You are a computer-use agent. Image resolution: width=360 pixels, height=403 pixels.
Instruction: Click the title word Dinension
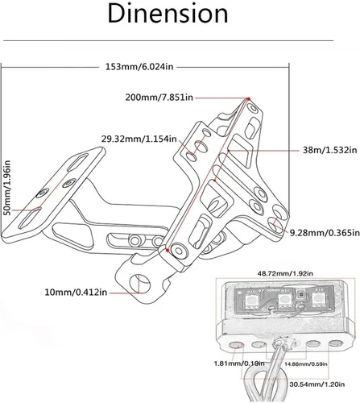tap(168, 14)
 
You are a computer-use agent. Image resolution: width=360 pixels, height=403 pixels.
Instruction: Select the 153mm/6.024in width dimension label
tap(139, 67)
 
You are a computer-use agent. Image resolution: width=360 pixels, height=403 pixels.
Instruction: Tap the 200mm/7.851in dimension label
tap(159, 97)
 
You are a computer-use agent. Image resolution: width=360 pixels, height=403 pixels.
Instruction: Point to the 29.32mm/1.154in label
tap(139, 139)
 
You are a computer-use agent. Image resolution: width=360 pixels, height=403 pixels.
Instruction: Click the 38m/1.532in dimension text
tap(330, 150)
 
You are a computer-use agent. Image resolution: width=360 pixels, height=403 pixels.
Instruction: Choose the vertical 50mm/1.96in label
tap(7, 188)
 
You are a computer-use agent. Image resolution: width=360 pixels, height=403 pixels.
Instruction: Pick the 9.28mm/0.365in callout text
tap(325, 232)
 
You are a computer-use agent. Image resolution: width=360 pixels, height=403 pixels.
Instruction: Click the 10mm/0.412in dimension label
tap(76, 292)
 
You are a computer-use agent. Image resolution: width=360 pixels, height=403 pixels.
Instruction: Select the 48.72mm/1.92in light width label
tap(285, 273)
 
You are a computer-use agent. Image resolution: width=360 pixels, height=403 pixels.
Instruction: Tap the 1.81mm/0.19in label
tap(239, 364)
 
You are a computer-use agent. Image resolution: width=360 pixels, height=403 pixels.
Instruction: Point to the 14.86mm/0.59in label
tap(306, 364)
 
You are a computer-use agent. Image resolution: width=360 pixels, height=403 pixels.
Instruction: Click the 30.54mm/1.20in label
tap(317, 384)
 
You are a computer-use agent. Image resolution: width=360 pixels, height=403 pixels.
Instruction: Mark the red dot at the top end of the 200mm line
tap(249, 99)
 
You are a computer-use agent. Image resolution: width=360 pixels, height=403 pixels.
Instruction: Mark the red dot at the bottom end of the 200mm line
tap(168, 250)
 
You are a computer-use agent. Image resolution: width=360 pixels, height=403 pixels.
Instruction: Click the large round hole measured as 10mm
tap(139, 284)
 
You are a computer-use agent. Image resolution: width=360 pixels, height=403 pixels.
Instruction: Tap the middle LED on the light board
tap(285, 301)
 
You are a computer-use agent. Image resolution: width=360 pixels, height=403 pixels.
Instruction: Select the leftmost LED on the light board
tap(251, 301)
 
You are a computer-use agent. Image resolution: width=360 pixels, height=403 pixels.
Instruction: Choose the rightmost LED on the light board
tap(319, 300)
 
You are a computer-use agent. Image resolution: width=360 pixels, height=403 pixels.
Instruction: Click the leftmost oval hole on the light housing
tap(237, 345)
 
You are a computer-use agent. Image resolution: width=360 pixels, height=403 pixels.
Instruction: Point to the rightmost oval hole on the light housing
tap(336, 343)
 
